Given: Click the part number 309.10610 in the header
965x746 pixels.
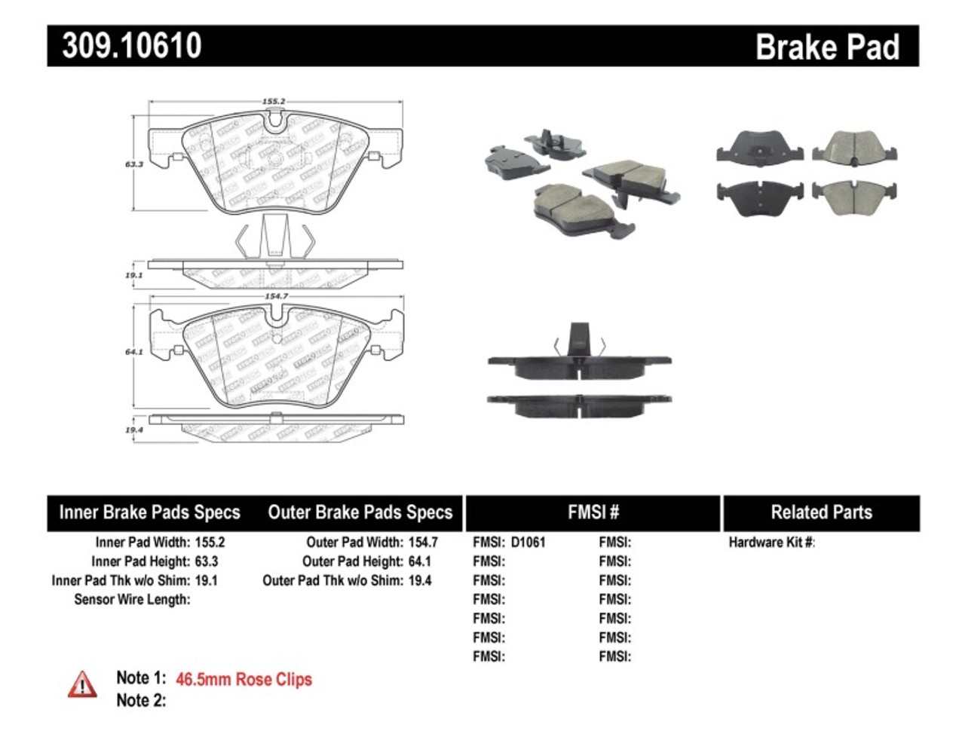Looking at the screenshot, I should click(x=132, y=46).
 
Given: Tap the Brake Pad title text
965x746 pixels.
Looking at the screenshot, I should click(x=827, y=47).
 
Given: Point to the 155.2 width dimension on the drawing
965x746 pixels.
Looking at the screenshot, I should click(x=274, y=101).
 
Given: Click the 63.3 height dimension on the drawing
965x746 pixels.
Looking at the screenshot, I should click(x=134, y=164).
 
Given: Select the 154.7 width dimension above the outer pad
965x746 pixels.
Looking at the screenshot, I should click(x=276, y=296).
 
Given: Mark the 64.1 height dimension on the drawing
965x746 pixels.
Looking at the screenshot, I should click(x=134, y=352).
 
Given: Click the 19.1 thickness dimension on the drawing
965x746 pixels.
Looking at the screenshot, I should click(x=134, y=276).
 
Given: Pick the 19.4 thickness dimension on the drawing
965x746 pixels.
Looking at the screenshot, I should click(x=134, y=430).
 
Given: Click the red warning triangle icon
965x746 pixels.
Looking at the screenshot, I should click(x=82, y=684).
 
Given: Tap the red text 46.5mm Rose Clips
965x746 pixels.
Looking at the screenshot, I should click(x=244, y=679).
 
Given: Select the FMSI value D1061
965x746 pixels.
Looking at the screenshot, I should click(x=528, y=542).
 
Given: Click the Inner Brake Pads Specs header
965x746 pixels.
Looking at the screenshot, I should click(x=149, y=512).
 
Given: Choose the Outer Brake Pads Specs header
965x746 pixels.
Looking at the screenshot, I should click(x=360, y=512).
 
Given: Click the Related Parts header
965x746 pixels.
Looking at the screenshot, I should click(x=821, y=512).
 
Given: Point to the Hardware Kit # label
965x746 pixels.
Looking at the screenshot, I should click(x=771, y=542).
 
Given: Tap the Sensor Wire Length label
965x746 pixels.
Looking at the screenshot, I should click(x=132, y=599).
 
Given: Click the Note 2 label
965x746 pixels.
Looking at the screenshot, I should click(x=141, y=700).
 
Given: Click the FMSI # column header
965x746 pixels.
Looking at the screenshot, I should click(x=593, y=512).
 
